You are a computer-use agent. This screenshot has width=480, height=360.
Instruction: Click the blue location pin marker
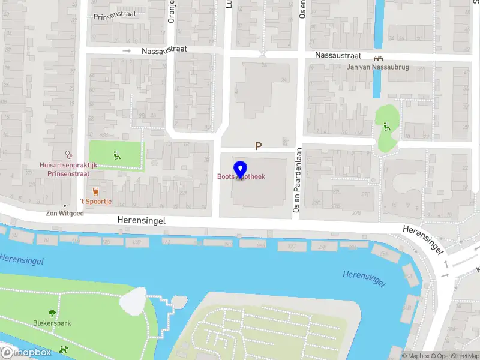240,170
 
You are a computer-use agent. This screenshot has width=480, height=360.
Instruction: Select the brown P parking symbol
259,146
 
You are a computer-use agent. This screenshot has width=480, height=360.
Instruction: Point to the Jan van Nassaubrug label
378,67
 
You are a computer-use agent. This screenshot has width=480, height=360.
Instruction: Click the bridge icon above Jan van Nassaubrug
378,58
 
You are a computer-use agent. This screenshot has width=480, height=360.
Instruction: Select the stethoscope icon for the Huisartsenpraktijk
68,154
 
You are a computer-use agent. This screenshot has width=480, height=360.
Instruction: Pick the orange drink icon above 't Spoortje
95,191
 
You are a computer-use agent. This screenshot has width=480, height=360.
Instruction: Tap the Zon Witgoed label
64,212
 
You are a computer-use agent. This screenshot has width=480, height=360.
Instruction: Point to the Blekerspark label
52,323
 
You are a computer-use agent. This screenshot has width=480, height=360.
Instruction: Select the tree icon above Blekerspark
52,313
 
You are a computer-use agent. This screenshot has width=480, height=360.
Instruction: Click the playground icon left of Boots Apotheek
116,155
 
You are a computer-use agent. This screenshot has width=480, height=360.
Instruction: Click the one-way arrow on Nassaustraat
127,51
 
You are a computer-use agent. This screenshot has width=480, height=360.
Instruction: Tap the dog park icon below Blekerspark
62,349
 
